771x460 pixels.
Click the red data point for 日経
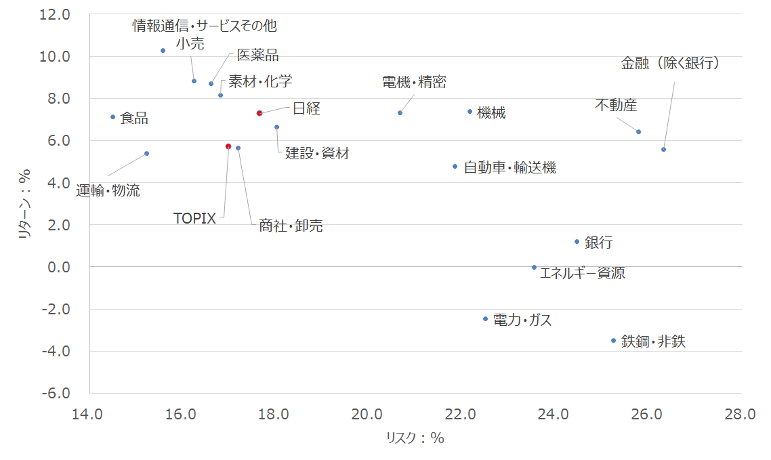coord(259,113)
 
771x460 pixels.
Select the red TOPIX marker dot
coord(228,146)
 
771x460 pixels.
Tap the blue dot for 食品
coord(113,117)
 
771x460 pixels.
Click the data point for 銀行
coord(577,241)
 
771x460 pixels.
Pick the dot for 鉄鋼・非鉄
coord(614,340)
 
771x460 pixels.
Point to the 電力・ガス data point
coord(486,318)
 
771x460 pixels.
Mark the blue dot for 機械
coord(470,112)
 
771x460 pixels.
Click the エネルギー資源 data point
coord(535,268)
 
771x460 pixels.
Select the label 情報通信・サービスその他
coord(205,26)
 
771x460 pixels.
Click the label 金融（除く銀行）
coord(670,64)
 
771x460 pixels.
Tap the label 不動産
coord(616,105)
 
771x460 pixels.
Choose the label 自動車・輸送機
coord(509,167)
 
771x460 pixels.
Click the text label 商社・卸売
coord(291,226)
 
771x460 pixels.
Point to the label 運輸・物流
coord(108,190)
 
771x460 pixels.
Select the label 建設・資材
coord(317,153)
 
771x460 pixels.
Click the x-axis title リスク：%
coord(415,438)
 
